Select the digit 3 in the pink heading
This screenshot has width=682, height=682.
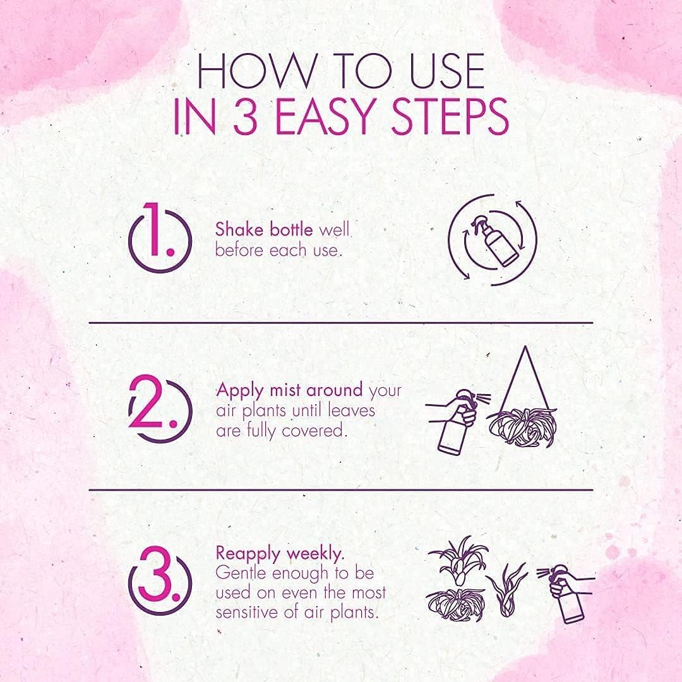pyautogui.click(x=246, y=117)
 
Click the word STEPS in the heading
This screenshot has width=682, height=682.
pyautogui.click(x=450, y=117)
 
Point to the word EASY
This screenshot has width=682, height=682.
pyautogui.click(x=324, y=117)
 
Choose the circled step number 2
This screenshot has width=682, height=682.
pyautogui.click(x=160, y=409)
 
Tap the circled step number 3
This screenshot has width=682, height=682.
pyautogui.click(x=160, y=580)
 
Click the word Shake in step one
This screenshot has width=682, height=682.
pyautogui.click(x=240, y=229)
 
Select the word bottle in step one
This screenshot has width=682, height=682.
pyautogui.click(x=291, y=229)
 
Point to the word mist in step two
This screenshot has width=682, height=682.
pyautogui.click(x=285, y=390)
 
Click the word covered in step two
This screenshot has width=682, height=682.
pyautogui.click(x=314, y=431)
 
